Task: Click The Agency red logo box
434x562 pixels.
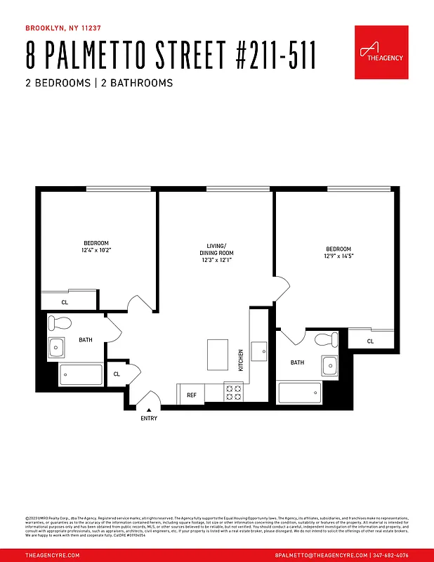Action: tap(381, 53)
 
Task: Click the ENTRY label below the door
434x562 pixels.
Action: tap(149, 419)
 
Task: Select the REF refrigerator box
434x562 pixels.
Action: tap(191, 395)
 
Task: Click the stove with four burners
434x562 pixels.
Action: tap(233, 393)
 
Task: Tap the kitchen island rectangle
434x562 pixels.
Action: tap(218, 354)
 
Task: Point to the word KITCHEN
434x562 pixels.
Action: tap(240, 360)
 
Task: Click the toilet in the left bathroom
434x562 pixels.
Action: tap(60, 324)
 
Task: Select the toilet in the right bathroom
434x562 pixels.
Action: tap(327, 340)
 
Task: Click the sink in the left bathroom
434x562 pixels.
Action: tap(56, 347)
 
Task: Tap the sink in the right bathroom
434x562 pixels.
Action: tap(329, 365)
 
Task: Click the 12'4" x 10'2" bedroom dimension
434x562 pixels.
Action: tap(97, 250)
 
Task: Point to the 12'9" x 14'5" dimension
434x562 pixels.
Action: tap(338, 256)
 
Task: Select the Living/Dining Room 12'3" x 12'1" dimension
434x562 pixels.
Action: tap(216, 261)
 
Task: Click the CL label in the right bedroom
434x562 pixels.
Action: tap(370, 341)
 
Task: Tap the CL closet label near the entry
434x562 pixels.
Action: tap(117, 374)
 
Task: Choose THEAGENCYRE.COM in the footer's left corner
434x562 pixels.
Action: tap(52, 555)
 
